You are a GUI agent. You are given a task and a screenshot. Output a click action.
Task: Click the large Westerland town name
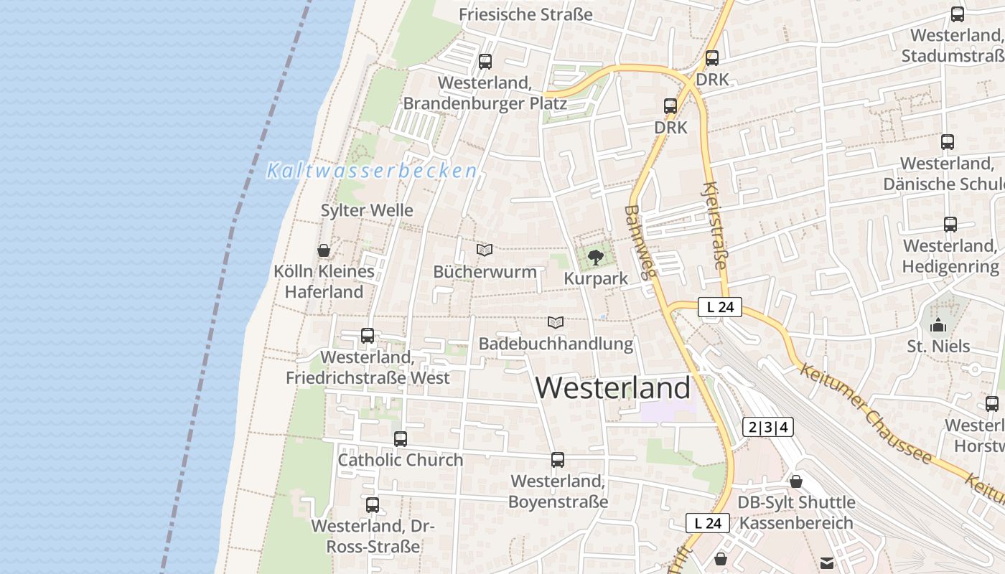[613, 387]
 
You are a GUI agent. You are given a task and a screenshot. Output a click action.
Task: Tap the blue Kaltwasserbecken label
[372, 171]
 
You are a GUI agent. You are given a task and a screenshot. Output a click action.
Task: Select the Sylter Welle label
[367, 210]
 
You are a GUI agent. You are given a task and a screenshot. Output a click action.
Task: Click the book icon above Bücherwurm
[485, 250]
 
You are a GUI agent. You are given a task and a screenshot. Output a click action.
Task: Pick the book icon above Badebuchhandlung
[555, 322]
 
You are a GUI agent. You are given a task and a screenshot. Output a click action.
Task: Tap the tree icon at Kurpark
[595, 257]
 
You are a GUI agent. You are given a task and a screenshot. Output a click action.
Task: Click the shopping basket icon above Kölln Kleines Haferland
[324, 250]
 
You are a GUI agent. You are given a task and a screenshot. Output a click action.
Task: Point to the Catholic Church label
[401, 460]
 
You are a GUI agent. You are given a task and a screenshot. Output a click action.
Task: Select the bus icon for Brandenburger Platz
[485, 62]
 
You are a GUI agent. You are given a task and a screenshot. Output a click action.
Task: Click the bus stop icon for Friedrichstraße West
[368, 335]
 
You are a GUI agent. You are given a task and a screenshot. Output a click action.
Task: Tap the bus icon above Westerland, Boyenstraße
[558, 460]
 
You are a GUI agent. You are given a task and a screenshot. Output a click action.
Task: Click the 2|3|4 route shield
[768, 428]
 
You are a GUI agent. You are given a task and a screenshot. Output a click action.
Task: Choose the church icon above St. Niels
[938, 326]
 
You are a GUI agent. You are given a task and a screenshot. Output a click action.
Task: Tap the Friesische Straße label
[525, 14]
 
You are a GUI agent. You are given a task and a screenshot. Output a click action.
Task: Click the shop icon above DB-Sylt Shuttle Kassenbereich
[795, 481]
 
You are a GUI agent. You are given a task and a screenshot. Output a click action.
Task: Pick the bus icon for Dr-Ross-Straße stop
[372, 505]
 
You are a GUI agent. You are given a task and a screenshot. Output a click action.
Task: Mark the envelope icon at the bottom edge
[827, 563]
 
